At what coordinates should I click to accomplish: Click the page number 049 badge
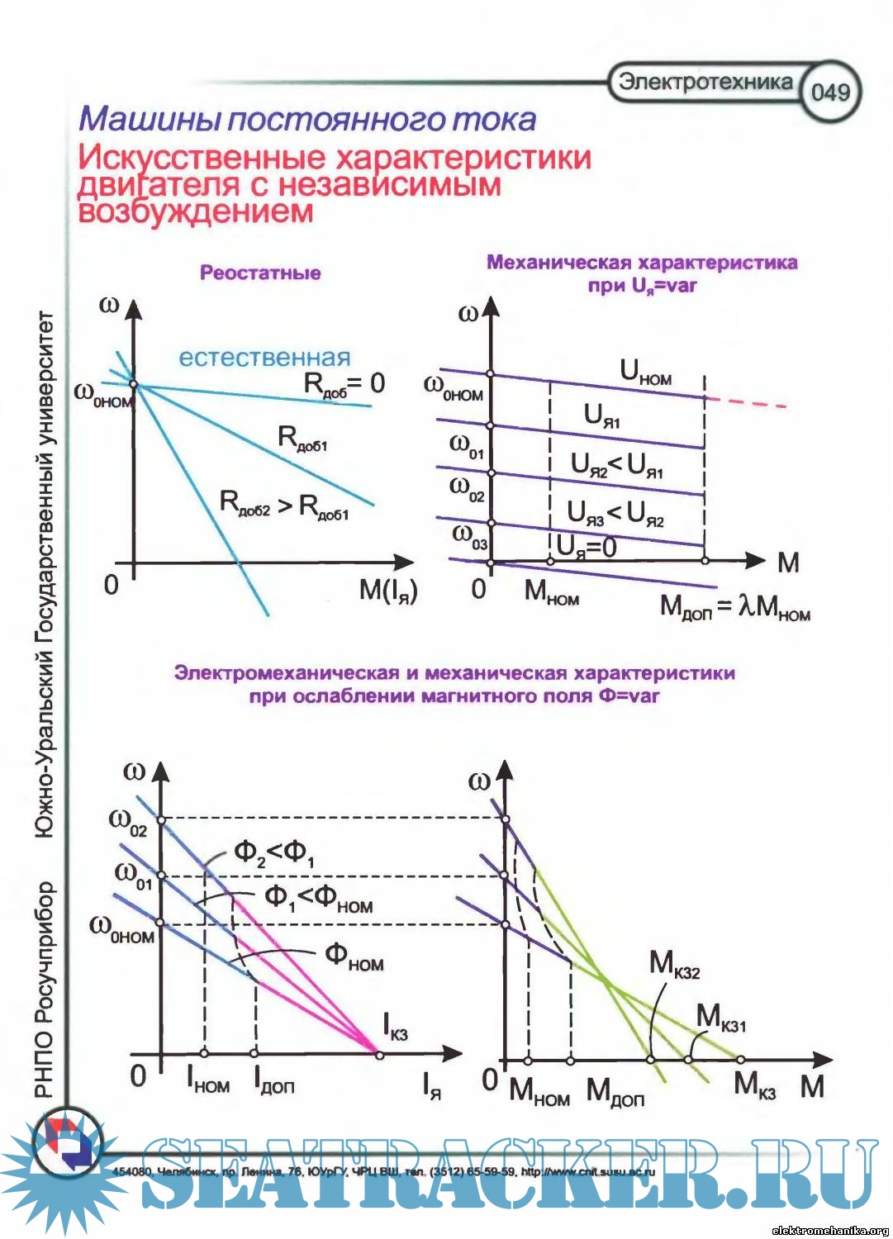829,91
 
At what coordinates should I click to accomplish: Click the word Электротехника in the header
705,81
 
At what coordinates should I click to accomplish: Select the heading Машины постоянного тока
307,120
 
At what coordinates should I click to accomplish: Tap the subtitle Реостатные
260,273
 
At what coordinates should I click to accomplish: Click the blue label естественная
264,358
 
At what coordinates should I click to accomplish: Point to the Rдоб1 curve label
302,438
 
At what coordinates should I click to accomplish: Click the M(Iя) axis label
388,590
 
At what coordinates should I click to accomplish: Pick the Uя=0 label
587,546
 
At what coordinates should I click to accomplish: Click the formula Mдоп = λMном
734,607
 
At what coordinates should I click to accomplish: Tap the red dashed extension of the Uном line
748,402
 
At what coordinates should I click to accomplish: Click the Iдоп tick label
273,1079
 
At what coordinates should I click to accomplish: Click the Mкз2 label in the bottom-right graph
674,964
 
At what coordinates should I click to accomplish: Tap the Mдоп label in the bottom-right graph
615,1092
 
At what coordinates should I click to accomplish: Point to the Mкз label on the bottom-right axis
755,1084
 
